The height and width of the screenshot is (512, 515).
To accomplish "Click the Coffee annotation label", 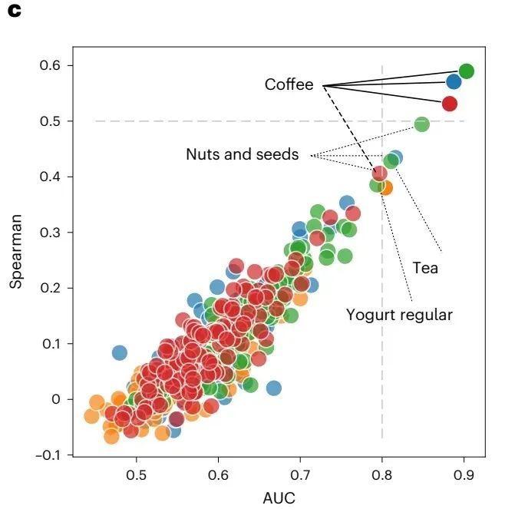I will (289, 84).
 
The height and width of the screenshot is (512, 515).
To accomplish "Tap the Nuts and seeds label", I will (242, 154).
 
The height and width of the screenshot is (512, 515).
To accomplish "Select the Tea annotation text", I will (425, 268).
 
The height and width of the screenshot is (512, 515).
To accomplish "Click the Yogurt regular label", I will (399, 315).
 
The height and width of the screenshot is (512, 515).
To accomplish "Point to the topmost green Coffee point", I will (466, 71).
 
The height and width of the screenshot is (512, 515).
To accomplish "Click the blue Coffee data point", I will (454, 81).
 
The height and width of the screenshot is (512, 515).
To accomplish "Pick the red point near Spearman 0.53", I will (450, 104).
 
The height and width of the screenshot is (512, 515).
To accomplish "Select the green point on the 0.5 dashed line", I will (421, 124).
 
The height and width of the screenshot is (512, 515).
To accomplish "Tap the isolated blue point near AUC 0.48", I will (119, 352).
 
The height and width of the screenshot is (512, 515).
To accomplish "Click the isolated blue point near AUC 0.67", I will (274, 388).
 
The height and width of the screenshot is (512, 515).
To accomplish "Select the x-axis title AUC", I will (279, 497).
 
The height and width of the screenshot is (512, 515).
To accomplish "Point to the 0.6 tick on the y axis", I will (51, 66).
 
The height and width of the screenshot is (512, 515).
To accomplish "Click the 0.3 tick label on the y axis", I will (51, 233).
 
